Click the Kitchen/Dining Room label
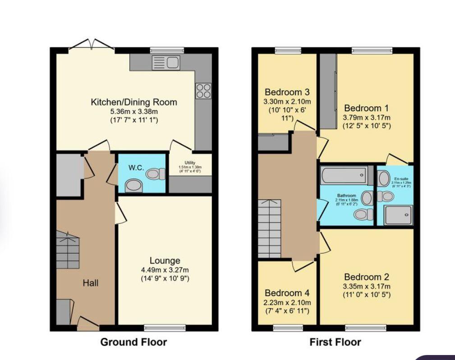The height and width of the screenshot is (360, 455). click(x=134, y=102)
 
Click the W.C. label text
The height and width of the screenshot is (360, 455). click(x=136, y=168)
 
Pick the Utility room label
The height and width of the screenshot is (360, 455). click(x=189, y=163)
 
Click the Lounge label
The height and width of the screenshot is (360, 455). click(x=165, y=260)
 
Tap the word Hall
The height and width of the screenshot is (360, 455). click(x=90, y=283)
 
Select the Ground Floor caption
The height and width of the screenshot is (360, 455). click(x=133, y=342)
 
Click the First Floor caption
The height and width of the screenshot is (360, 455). click(x=335, y=342)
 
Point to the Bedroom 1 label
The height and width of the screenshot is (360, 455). click(x=366, y=108)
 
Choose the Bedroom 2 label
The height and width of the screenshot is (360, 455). click(x=366, y=277)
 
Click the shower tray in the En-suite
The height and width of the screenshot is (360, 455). click(x=398, y=215)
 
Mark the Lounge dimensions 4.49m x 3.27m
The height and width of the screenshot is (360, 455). click(x=165, y=270)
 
